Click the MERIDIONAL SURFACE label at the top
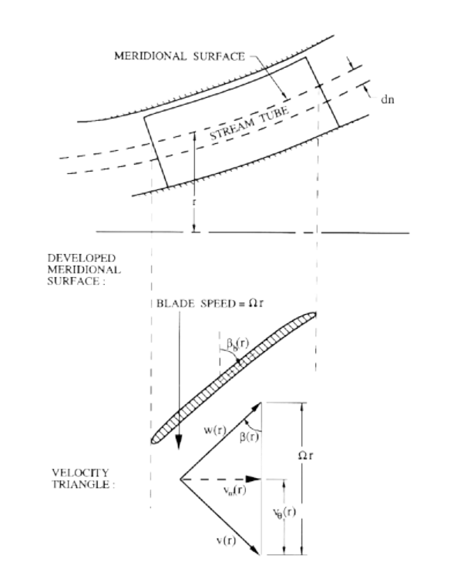180,56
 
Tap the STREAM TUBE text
249,123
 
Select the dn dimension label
388,99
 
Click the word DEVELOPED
82,258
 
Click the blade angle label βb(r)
237,343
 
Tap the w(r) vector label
215,430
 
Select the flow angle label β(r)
249,437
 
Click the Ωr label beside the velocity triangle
305,455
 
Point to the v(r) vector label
226,540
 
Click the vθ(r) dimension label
284,513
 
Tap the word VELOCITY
80,473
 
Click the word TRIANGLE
82,484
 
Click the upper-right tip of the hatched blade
315,314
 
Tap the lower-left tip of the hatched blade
153,442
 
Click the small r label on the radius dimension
193,202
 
